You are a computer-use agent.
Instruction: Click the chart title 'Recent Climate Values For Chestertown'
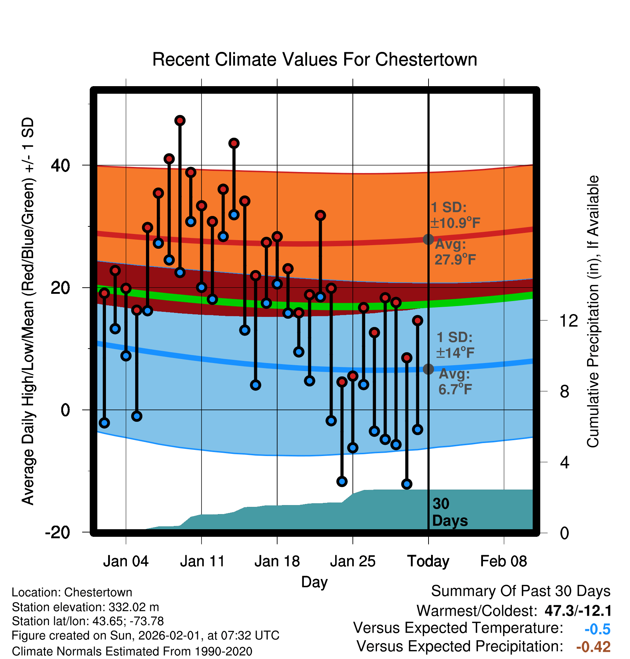point(315,59)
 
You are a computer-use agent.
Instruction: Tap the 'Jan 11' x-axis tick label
point(202,561)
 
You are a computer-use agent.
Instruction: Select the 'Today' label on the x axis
point(428,561)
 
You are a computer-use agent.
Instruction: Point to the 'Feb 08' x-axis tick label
point(503,561)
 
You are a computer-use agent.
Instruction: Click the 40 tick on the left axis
point(60,165)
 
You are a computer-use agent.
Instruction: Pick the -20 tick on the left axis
point(57,532)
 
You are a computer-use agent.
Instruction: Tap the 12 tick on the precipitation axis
point(568,320)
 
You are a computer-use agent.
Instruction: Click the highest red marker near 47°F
point(180,120)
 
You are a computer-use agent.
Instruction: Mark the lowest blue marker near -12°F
point(407,484)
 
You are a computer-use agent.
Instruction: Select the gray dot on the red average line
point(428,239)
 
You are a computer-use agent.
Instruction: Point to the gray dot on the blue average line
point(428,369)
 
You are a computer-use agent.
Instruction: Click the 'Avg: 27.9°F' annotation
point(455,252)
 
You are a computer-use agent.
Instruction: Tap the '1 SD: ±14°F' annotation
point(455,345)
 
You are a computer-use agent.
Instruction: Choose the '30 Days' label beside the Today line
point(449,512)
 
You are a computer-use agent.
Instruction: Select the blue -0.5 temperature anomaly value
point(597,629)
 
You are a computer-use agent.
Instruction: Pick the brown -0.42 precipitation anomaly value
point(593,647)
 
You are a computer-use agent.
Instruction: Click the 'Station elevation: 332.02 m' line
point(85,607)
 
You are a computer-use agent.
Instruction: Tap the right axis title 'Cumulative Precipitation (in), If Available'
point(593,311)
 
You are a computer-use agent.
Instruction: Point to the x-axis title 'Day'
point(314,582)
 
